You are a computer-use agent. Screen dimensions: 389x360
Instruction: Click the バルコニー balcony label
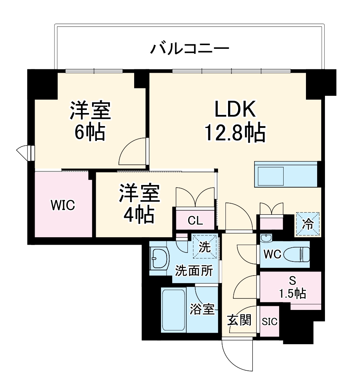(x=189, y=49)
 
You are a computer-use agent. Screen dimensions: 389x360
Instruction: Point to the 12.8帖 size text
(x=235, y=132)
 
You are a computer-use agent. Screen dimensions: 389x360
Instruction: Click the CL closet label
(x=195, y=220)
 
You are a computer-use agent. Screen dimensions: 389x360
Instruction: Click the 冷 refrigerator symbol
(x=308, y=224)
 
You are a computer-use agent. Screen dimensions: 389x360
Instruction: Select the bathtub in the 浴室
(x=174, y=309)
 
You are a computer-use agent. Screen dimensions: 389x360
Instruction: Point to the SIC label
(x=269, y=321)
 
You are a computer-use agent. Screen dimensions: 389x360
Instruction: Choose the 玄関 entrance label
(x=239, y=320)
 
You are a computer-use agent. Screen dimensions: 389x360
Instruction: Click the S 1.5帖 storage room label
(x=293, y=288)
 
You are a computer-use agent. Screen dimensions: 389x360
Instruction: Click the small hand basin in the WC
(x=266, y=238)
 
